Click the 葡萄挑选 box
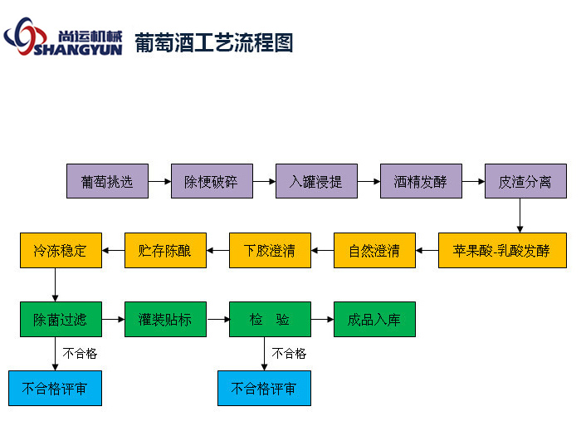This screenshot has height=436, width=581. tap(107, 181)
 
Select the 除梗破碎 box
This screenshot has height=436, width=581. tap(212, 181)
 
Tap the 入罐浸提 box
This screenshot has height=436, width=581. tap(316, 181)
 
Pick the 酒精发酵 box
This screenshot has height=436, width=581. tap(421, 181)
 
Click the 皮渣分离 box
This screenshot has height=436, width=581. tap(525, 181)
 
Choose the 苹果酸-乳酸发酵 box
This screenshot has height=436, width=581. tap(501, 250)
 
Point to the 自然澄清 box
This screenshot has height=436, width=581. tap(374, 250)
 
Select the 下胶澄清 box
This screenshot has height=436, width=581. tap(270, 250)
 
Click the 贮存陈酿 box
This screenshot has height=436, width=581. tap(165, 250)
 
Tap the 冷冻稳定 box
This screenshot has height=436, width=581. tap(61, 250)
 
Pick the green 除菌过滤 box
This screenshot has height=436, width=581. tap(61, 319)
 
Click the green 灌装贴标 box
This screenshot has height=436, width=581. tap(165, 319)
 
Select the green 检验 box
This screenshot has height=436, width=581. tap(270, 319)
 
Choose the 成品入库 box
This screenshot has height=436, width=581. tap(374, 319)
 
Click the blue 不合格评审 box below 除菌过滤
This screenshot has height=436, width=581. tap(55, 388)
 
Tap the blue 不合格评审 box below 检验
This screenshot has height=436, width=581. tap(264, 388)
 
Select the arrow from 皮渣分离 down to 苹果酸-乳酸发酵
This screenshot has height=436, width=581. tap(520, 215)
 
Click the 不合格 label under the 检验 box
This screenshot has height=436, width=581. tap(289, 354)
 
